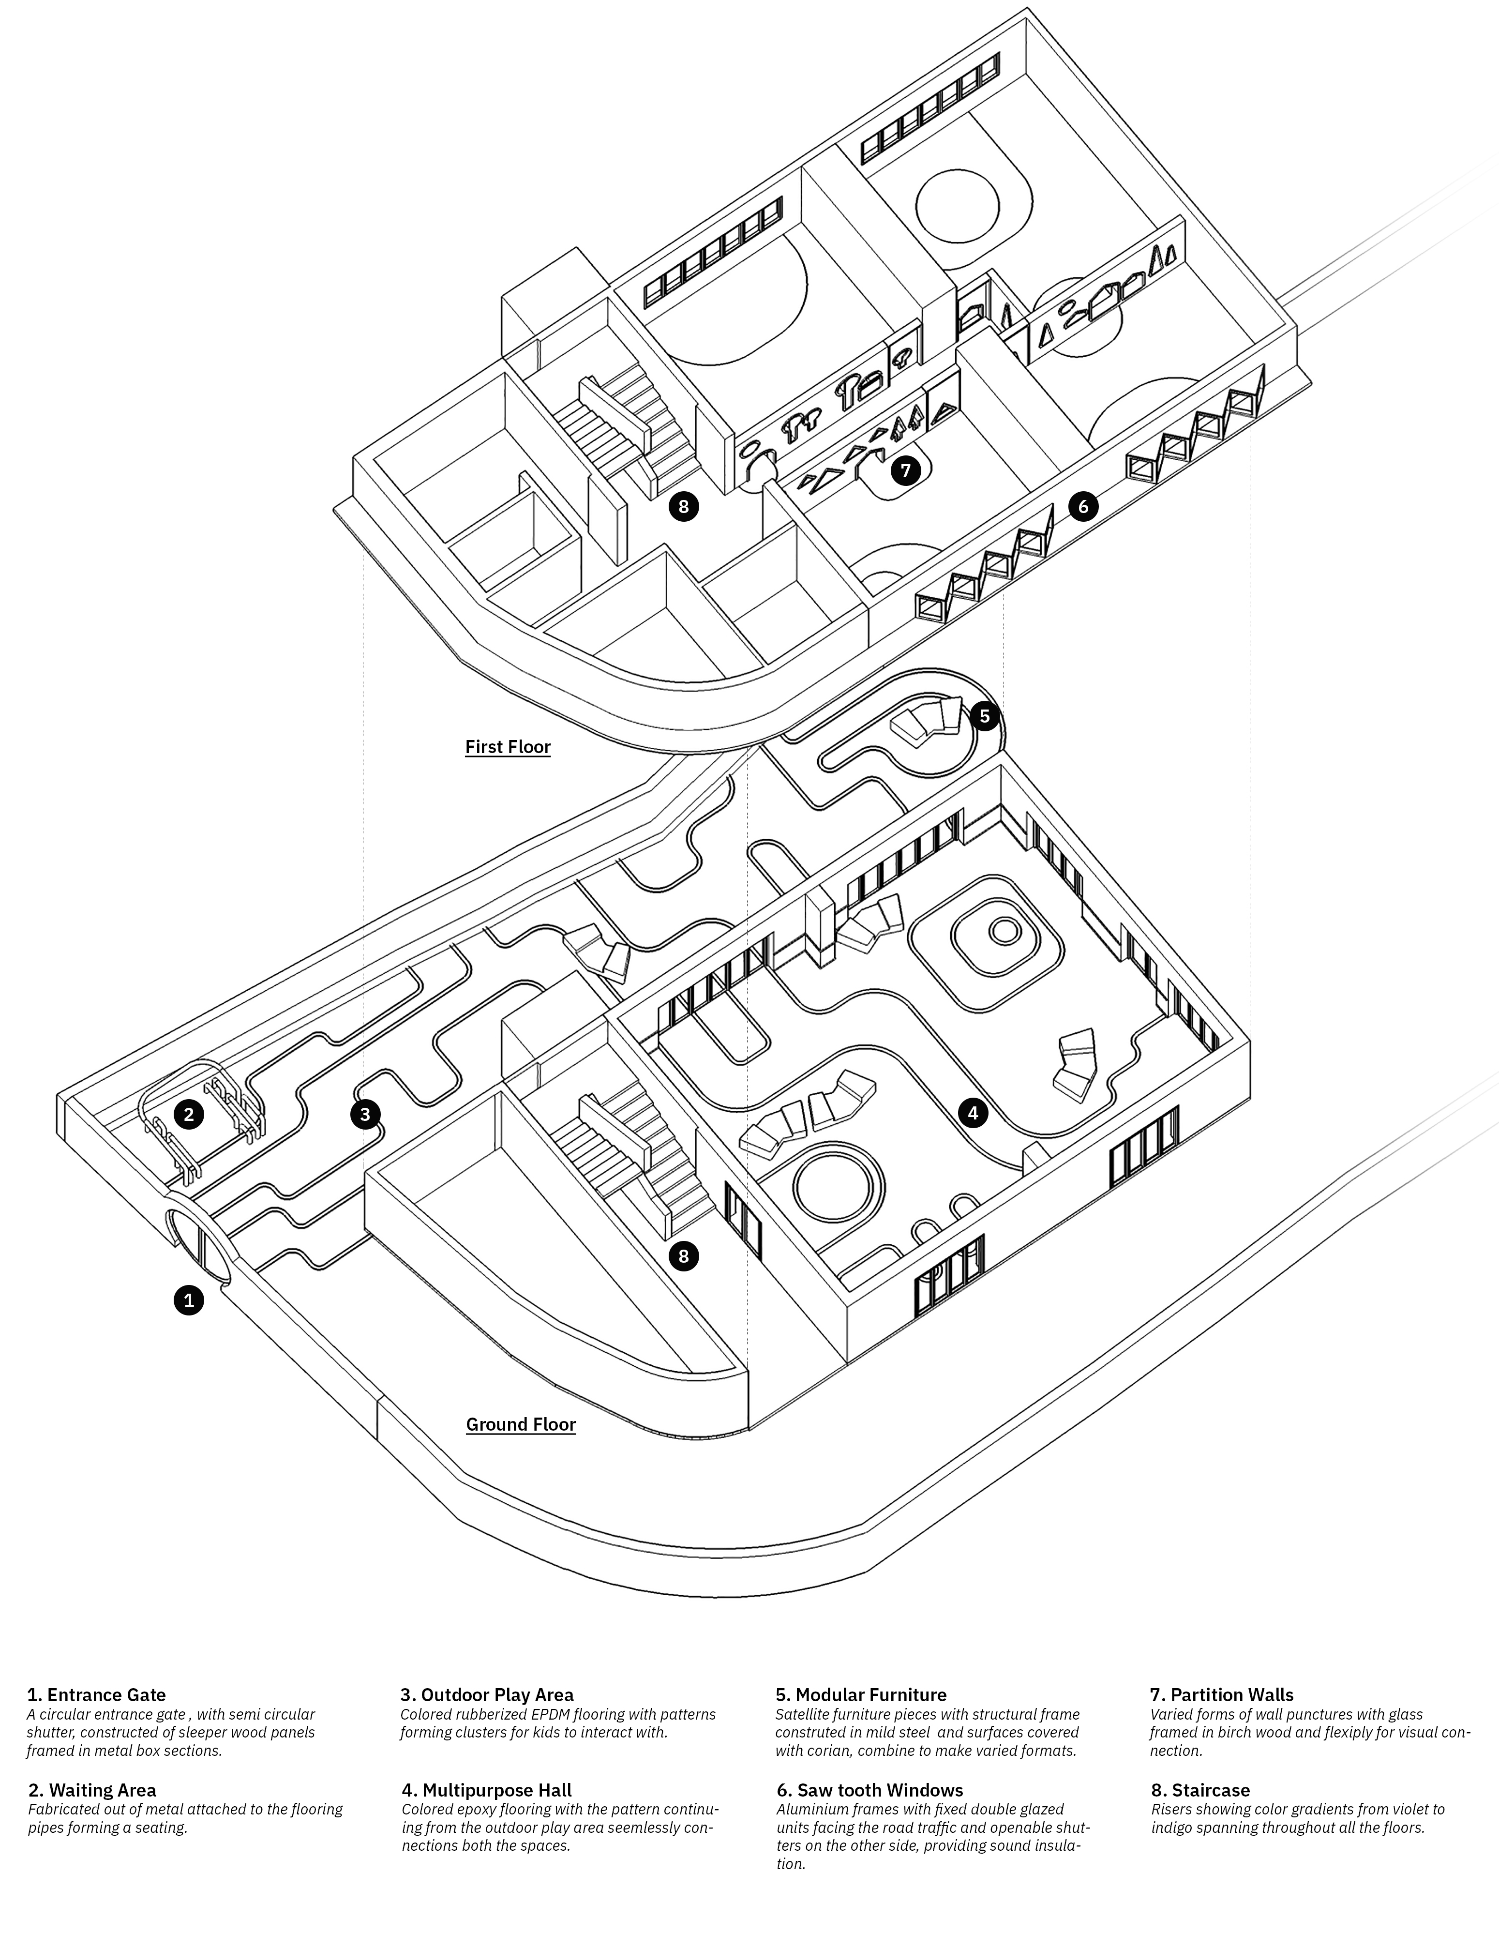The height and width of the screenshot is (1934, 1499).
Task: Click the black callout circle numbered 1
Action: pyautogui.click(x=188, y=1301)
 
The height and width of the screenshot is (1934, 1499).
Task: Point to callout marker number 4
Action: pyautogui.click(x=972, y=1112)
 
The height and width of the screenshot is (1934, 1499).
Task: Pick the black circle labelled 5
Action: pyautogui.click(x=985, y=715)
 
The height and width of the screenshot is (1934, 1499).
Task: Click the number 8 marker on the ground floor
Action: pyautogui.click(x=683, y=1255)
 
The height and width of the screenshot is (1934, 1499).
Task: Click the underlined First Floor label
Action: pyautogui.click(x=508, y=746)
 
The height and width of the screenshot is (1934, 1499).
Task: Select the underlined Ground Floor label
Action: pyautogui.click(x=521, y=1424)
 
